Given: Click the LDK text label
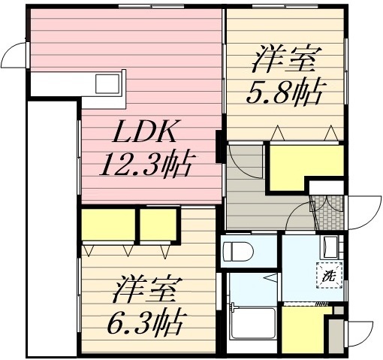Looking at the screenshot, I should (146, 133).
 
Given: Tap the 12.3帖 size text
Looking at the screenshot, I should (146, 162).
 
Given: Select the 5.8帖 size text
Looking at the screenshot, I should (285, 92).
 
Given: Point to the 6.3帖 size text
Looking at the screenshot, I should (146, 323).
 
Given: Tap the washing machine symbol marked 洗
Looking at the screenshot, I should (327, 275).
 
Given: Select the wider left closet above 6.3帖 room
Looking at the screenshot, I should (107, 224).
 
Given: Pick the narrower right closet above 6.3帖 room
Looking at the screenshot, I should (158, 223).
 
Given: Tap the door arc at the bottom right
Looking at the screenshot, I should (359, 331).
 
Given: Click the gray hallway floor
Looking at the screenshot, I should (259, 197).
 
